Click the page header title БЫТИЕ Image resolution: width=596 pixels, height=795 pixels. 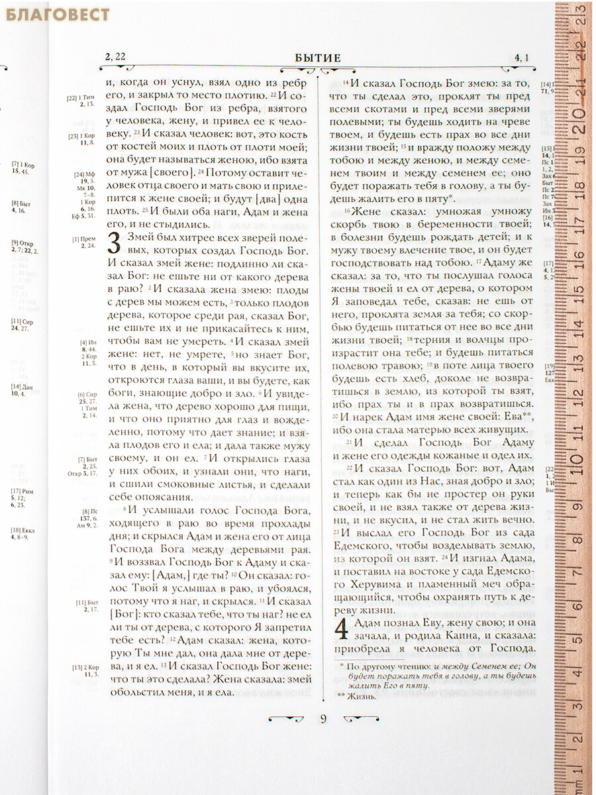pyautogui.click(x=318, y=58)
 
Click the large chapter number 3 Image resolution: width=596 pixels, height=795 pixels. pyautogui.click(x=114, y=244)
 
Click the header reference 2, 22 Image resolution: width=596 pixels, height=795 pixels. pyautogui.click(x=115, y=57)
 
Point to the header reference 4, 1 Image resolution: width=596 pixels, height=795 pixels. pyautogui.click(x=521, y=58)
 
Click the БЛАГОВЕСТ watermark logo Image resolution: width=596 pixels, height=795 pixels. pyautogui.click(x=58, y=14)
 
